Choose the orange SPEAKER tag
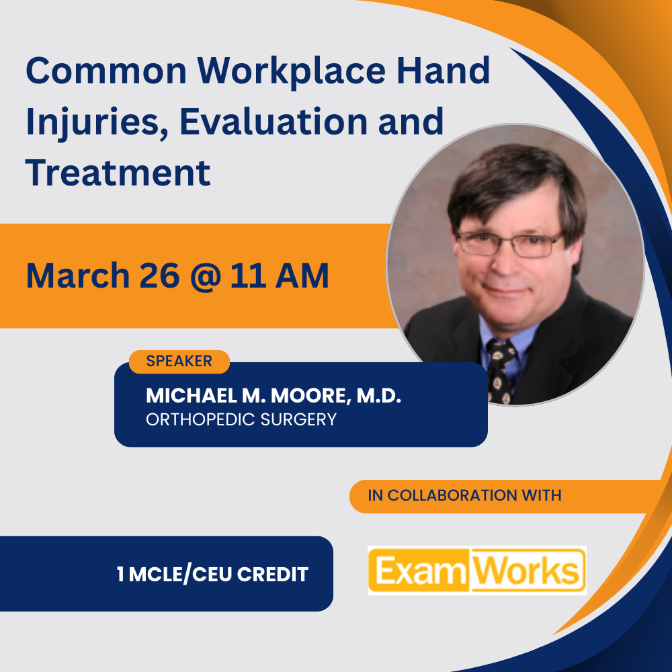tap(179, 362)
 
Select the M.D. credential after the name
tap(378, 396)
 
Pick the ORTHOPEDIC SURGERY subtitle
tap(241, 420)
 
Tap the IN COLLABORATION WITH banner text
tap(464, 496)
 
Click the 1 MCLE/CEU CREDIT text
tap(212, 575)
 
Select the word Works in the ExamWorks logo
tap(528, 571)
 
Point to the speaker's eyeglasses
tap(509, 243)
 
